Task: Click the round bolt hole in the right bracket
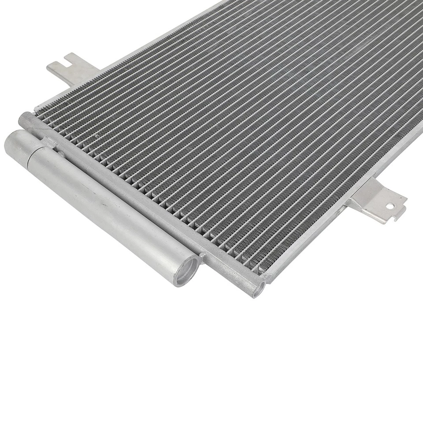point(390,205)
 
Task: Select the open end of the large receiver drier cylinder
point(187,271)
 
